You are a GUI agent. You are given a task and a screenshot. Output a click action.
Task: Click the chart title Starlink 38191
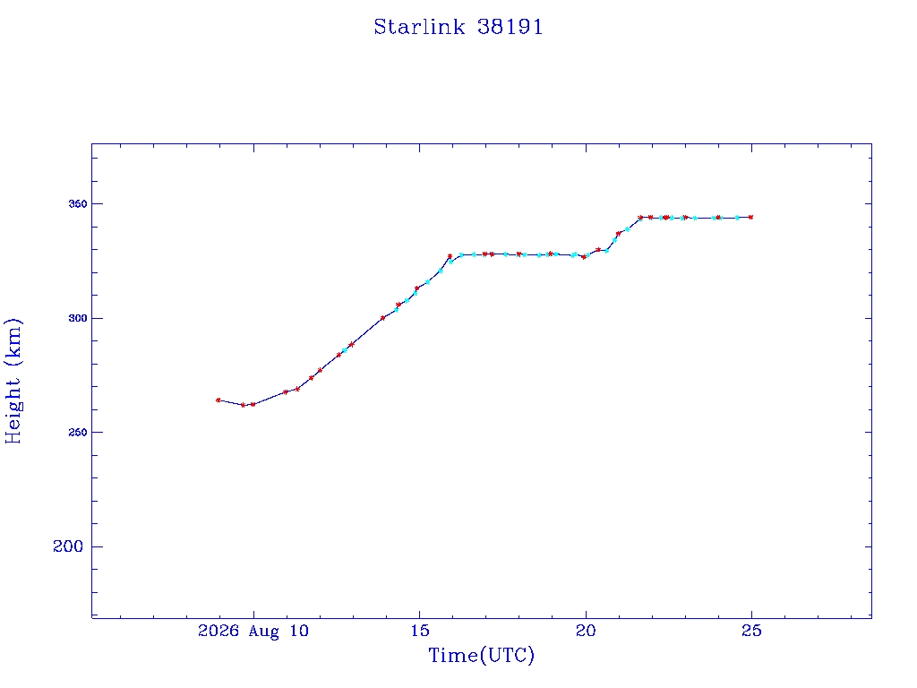coord(458,27)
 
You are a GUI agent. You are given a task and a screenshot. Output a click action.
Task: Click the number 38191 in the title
coord(510,27)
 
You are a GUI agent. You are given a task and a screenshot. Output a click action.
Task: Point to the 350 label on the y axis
coord(78,203)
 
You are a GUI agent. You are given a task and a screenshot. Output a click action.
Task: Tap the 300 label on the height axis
coord(78,318)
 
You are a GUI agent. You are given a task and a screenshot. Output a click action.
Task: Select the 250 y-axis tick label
coord(78,433)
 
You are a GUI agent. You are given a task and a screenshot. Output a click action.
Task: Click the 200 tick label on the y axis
coord(68,546)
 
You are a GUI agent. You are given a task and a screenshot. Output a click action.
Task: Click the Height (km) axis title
coord(13,382)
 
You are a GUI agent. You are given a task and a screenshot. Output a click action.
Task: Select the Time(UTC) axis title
coord(481,655)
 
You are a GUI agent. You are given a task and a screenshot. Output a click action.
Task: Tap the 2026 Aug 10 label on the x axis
coord(253,631)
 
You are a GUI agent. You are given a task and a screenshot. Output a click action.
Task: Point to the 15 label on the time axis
coord(419,631)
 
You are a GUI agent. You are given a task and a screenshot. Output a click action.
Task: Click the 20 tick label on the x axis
coord(586,631)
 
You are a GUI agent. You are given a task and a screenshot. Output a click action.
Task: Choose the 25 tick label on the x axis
coord(751,631)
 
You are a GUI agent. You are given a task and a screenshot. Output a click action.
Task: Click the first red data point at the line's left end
coord(219,400)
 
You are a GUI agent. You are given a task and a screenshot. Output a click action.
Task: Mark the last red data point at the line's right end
coord(751,217)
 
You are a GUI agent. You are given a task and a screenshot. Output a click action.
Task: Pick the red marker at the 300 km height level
coord(383,318)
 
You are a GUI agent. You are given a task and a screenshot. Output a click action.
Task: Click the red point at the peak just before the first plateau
coord(450,256)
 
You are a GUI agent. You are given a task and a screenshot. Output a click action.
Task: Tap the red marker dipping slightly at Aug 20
coord(584,257)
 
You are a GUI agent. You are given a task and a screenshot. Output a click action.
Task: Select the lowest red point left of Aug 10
coord(244,405)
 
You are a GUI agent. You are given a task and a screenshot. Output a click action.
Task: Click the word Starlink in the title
coord(419,27)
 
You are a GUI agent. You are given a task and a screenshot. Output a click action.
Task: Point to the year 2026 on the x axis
coord(219,631)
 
